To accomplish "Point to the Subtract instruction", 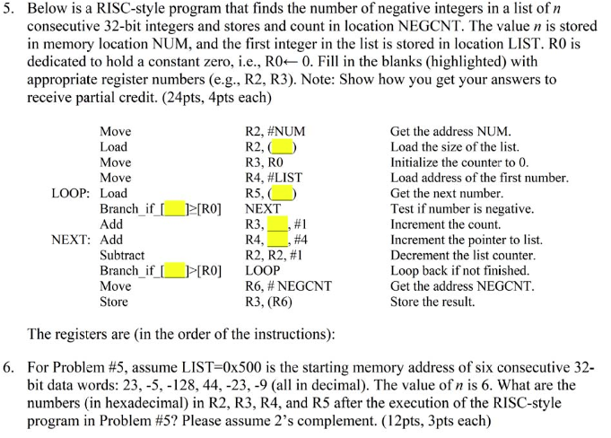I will [122, 255].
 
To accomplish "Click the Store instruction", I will [113, 302].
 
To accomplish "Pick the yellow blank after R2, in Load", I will [284, 146].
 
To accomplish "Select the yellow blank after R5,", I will [284, 193].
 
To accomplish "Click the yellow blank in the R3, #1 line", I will [277, 224].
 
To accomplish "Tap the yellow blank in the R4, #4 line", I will [277, 240].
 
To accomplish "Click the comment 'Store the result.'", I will [432, 302].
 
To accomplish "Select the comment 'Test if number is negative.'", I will [462, 209].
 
